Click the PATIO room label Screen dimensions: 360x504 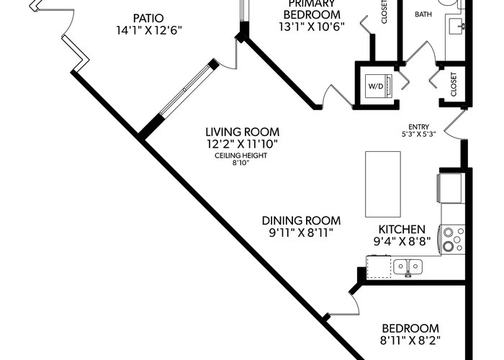pyautogui.click(x=148, y=17)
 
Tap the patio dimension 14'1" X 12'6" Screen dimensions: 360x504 pyautogui.click(x=148, y=30)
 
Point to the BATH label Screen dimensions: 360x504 pyautogui.click(x=423, y=14)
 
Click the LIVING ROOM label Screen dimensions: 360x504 pyautogui.click(x=241, y=132)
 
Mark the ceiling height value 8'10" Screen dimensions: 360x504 pyautogui.click(x=241, y=163)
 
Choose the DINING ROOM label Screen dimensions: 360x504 pyautogui.click(x=301, y=220)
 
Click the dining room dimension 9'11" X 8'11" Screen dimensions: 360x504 pyautogui.click(x=301, y=233)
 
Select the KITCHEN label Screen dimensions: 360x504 pyautogui.click(x=407, y=229)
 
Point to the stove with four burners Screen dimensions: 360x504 pyautogui.click(x=454, y=240)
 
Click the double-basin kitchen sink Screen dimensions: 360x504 pyautogui.click(x=407, y=267)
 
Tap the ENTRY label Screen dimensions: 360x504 pyautogui.click(x=418, y=125)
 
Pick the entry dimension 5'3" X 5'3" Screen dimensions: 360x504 pyautogui.click(x=418, y=134)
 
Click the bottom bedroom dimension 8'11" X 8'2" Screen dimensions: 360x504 pyautogui.click(x=410, y=339)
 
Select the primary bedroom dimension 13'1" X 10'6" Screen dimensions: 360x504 pyautogui.click(x=311, y=27)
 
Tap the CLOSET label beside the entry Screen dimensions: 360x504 pyautogui.click(x=454, y=85)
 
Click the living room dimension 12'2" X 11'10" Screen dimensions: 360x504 pyautogui.click(x=241, y=144)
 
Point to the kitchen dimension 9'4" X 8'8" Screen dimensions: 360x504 pyautogui.click(x=407, y=242)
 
